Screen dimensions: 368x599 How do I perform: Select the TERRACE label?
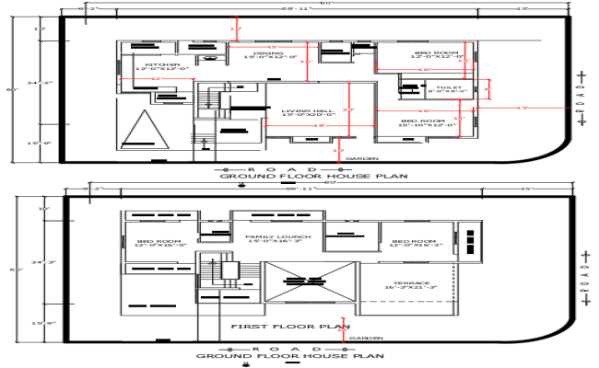[409, 284]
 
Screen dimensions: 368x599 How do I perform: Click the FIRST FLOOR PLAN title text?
[289, 327]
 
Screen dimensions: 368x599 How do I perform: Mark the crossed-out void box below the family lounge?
[309, 282]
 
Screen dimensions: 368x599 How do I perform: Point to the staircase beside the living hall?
[213, 100]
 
